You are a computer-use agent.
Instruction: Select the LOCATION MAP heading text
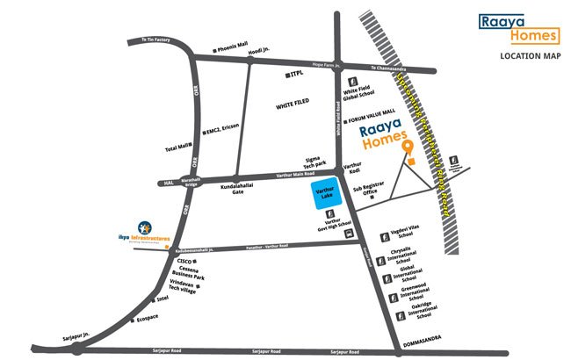pyautogui.click(x=530, y=56)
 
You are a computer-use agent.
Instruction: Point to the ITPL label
pyautogui.click(x=302, y=76)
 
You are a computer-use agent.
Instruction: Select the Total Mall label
pyautogui.click(x=177, y=148)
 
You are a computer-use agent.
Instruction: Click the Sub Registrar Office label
pyautogui.click(x=365, y=191)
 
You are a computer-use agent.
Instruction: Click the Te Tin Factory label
pyautogui.click(x=148, y=40)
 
